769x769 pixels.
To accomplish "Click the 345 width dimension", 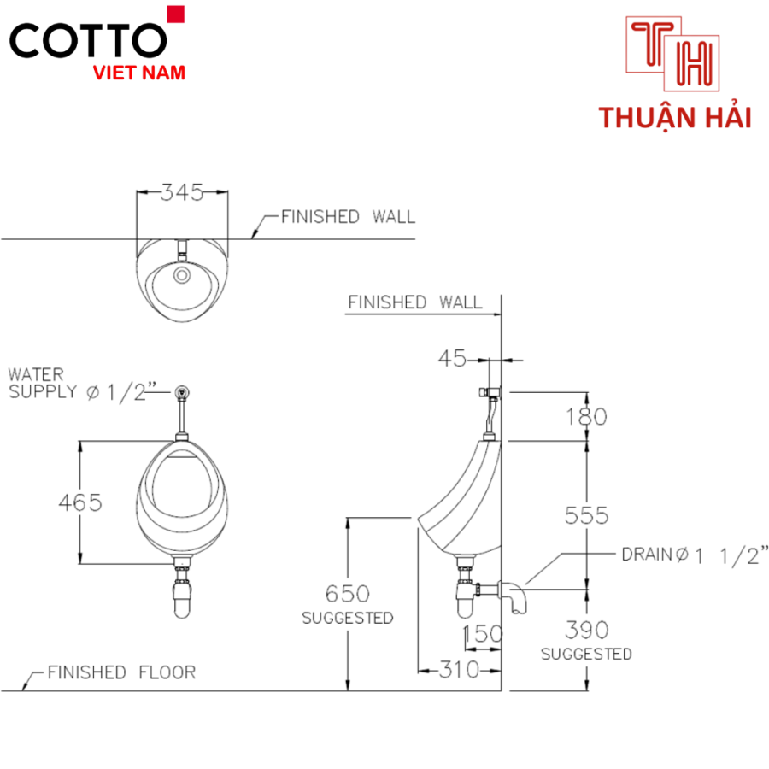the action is (182, 192).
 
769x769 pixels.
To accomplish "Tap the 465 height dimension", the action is (80, 502).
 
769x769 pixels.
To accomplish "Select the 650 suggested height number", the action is (347, 594).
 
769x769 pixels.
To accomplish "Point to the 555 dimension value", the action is (586, 515).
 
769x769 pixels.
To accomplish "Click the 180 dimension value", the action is (586, 417).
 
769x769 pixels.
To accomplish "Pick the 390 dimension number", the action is (586, 631).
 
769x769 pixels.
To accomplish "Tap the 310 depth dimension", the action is (459, 669).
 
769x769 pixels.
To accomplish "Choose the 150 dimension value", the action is (483, 634).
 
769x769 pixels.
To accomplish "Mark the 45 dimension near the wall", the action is (452, 359).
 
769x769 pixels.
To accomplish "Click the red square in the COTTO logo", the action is (175, 15).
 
